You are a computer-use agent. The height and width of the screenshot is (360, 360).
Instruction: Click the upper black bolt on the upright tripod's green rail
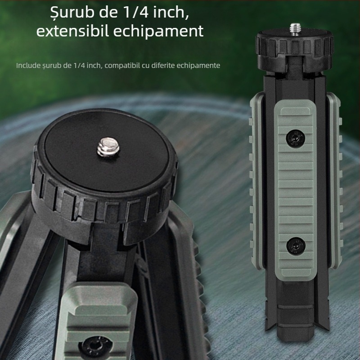(294, 138)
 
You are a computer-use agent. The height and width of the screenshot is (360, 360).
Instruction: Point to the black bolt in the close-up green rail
(95, 346)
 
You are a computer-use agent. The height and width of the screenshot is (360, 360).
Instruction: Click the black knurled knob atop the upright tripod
(295, 48)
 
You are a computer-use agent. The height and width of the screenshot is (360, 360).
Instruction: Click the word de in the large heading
(107, 13)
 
